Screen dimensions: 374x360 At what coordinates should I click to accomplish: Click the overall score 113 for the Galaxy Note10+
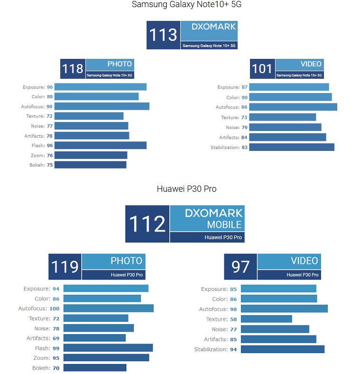(163, 35)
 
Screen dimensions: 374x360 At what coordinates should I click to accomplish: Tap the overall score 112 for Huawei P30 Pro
(147, 224)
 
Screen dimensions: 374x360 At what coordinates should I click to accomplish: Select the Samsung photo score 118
(73, 69)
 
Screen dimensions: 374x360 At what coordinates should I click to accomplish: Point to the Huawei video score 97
(240, 267)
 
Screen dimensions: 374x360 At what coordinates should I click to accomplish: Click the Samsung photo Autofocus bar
(102, 106)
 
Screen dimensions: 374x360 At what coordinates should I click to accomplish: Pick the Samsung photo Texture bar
(89, 116)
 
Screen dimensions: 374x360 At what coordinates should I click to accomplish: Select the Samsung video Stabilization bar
(291, 147)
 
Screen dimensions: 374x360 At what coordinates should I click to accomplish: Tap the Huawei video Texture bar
(266, 319)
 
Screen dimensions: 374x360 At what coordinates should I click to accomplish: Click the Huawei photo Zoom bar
(106, 357)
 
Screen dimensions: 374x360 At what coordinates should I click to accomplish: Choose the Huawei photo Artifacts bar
(94, 338)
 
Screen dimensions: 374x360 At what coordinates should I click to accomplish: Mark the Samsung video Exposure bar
(289, 87)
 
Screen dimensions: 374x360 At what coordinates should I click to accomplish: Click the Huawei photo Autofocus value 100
(54, 309)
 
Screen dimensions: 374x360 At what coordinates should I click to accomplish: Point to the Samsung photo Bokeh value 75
(49, 165)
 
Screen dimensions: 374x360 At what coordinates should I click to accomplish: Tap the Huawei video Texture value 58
(233, 319)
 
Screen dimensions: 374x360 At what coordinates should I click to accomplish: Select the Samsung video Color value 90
(244, 97)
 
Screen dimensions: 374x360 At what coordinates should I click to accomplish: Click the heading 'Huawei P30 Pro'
(186, 189)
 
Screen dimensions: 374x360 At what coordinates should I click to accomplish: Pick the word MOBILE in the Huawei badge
(224, 224)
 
